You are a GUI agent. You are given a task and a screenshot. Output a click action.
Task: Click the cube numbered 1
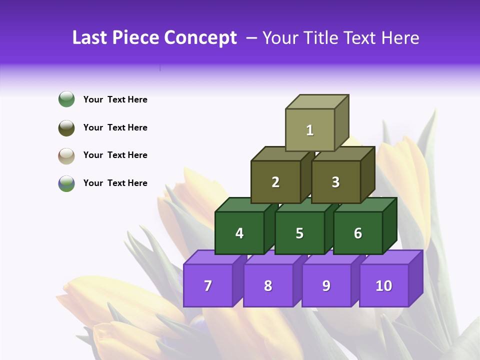(x=310, y=130)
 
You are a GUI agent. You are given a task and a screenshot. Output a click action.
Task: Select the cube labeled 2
(x=275, y=182)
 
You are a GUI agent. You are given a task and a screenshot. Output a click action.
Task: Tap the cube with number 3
(x=336, y=182)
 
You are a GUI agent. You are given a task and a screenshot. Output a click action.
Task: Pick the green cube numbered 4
(x=239, y=233)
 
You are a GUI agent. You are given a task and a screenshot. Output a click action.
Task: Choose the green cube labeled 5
(x=299, y=233)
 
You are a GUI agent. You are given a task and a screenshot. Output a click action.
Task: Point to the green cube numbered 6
(x=358, y=233)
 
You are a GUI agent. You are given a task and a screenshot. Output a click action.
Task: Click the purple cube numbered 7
(x=208, y=285)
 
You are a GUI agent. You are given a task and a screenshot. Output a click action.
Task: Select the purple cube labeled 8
(x=268, y=285)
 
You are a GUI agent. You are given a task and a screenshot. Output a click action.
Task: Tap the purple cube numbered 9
(x=326, y=285)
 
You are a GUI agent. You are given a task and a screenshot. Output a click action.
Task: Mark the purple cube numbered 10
(x=384, y=285)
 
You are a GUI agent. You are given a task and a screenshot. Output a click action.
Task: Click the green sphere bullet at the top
(x=66, y=99)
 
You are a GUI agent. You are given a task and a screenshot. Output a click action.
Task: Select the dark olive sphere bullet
(x=66, y=127)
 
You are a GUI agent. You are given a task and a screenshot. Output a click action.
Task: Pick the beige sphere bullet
(x=66, y=155)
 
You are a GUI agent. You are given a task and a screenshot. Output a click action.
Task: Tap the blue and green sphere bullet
(x=66, y=183)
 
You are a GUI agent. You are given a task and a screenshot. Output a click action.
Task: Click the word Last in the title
(x=90, y=37)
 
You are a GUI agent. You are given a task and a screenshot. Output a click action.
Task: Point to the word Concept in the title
(x=201, y=37)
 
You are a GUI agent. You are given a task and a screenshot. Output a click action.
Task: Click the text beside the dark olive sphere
(x=115, y=127)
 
